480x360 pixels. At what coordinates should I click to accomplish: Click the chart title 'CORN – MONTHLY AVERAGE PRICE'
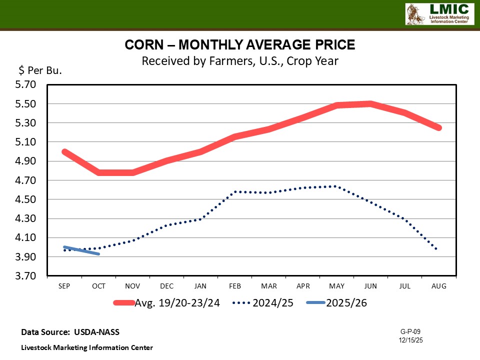pyautogui.click(x=240, y=45)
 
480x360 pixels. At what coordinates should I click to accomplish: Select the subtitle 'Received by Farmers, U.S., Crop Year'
pyautogui.click(x=240, y=61)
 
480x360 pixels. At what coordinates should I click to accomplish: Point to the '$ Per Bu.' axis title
pyautogui.click(x=40, y=70)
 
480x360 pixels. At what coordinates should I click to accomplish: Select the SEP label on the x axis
pyautogui.click(x=64, y=286)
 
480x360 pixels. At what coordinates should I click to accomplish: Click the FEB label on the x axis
pyautogui.click(x=234, y=286)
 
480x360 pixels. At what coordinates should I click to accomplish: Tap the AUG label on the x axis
pyautogui.click(x=439, y=286)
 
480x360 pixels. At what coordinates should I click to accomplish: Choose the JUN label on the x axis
pyautogui.click(x=370, y=286)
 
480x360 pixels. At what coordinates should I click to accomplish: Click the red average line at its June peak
pyautogui.click(x=370, y=104)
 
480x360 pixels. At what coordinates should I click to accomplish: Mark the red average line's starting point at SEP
pyautogui.click(x=64, y=151)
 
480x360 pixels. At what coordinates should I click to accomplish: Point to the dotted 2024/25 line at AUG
pyautogui.click(x=438, y=248)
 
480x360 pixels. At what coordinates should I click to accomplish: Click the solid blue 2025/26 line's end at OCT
pyautogui.click(x=98, y=254)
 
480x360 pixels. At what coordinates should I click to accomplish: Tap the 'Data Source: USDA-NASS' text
pyautogui.click(x=70, y=332)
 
